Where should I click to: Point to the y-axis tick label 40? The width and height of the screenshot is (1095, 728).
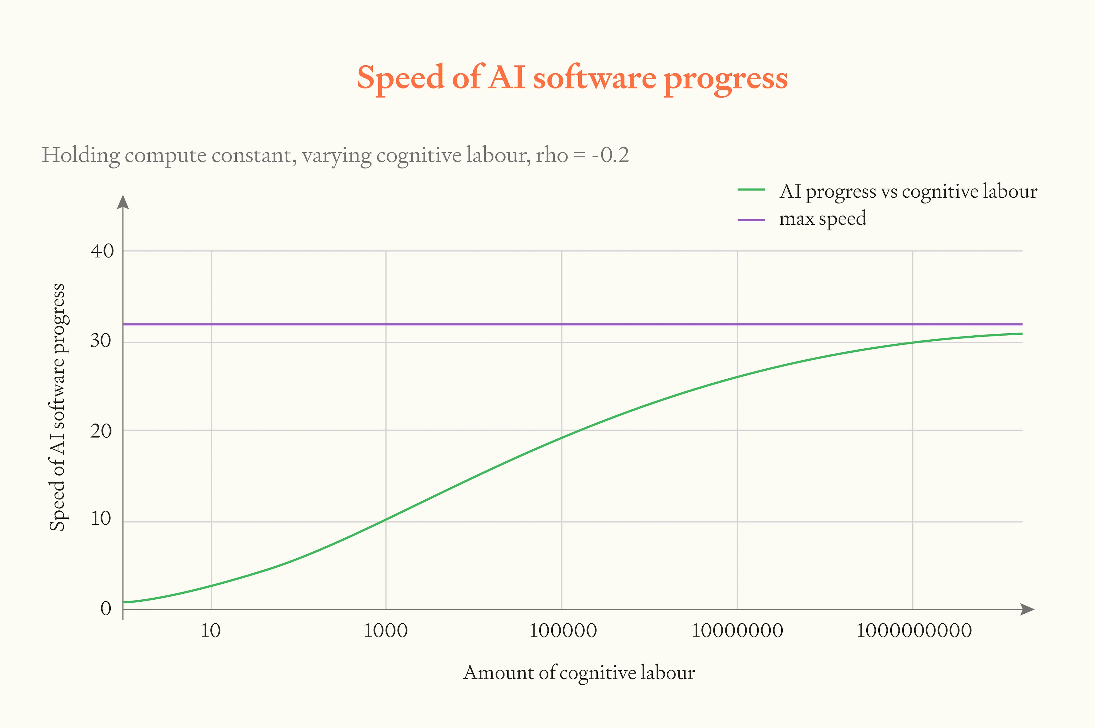click(x=102, y=251)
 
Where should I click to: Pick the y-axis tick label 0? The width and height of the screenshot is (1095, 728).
click(x=106, y=608)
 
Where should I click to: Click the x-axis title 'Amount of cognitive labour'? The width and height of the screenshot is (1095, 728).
click(x=579, y=673)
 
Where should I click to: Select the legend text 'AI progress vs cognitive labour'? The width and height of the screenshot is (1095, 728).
click(x=908, y=191)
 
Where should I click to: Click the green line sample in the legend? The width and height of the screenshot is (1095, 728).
click(x=751, y=189)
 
